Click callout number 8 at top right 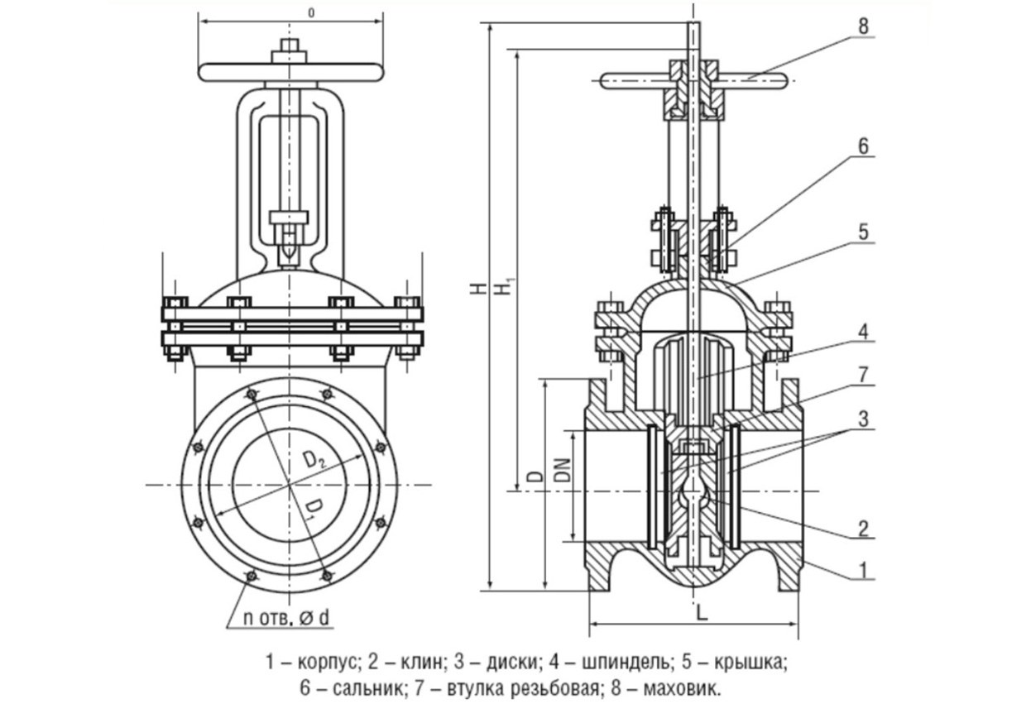click(863, 26)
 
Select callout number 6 click(863, 146)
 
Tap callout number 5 click(863, 232)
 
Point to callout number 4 click(863, 333)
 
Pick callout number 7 click(863, 375)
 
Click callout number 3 click(863, 419)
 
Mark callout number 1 click(863, 569)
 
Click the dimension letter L click(701, 613)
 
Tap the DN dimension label click(562, 472)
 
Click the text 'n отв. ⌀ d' click(286, 616)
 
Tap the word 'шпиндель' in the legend click(612, 663)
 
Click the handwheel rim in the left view click(290, 72)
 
